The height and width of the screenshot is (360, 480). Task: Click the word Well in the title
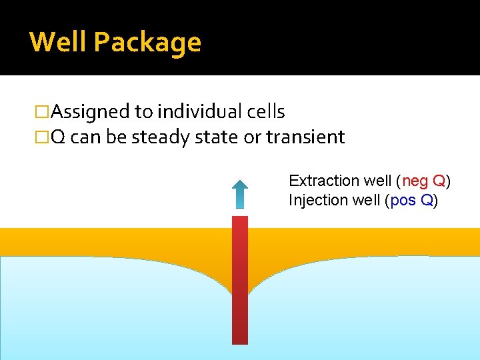click(59, 42)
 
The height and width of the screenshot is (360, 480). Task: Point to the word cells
click(265, 112)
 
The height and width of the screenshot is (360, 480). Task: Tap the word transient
click(305, 137)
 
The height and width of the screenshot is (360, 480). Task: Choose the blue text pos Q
click(411, 200)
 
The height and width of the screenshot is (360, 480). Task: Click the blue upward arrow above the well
click(240, 194)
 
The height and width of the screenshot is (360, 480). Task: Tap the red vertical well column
click(240, 280)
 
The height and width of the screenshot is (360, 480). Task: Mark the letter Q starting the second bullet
click(58, 137)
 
